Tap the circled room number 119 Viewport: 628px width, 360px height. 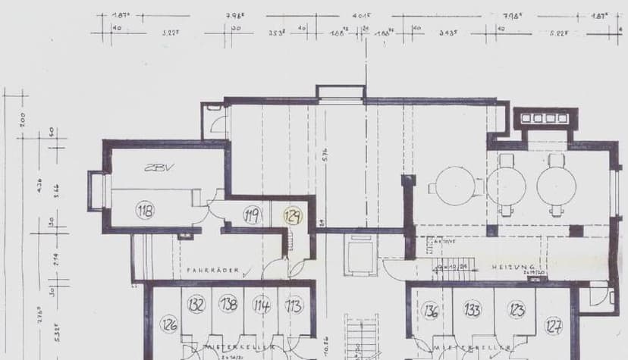click(x=252, y=216)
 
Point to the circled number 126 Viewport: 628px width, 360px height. click(x=168, y=326)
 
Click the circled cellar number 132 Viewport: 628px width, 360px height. click(x=196, y=305)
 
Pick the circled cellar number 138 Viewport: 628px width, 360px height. click(x=228, y=305)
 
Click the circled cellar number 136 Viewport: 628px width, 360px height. click(x=431, y=311)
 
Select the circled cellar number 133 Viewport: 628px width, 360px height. click(x=473, y=309)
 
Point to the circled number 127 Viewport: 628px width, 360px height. click(x=554, y=327)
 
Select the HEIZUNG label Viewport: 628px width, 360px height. click(x=513, y=268)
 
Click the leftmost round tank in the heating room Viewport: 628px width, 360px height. click(x=455, y=185)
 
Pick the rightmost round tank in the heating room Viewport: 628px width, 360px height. click(x=557, y=184)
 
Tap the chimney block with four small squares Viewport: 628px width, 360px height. click(x=545, y=118)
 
